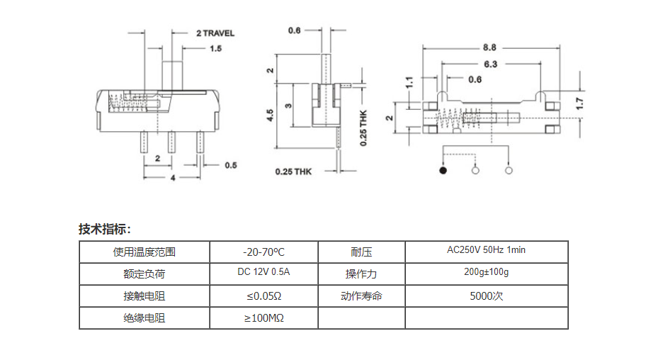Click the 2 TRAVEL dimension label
(x=215, y=33)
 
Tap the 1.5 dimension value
(x=216, y=49)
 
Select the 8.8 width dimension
(x=489, y=47)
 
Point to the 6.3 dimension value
(x=490, y=64)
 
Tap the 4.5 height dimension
(x=270, y=116)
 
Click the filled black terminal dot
(x=443, y=170)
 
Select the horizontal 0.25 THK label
(x=293, y=171)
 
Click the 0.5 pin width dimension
(x=231, y=165)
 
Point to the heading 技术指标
(x=104, y=230)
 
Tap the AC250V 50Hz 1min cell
(x=486, y=251)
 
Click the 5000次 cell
(x=486, y=296)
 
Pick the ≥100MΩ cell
(x=263, y=319)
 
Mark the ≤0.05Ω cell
(x=263, y=296)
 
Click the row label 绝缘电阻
(x=144, y=319)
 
